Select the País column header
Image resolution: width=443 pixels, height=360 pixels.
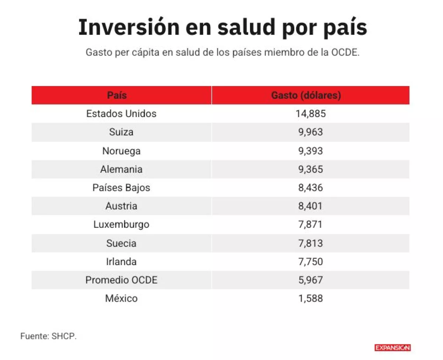(117, 95)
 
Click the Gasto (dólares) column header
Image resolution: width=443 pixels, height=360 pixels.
(306, 95)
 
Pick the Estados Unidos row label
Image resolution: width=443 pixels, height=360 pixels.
(121, 114)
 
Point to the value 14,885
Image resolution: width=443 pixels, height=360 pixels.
(310, 114)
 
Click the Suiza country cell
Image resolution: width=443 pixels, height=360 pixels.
(121, 132)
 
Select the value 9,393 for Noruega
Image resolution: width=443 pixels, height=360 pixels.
(310, 151)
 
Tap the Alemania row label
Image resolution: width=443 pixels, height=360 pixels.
(121, 169)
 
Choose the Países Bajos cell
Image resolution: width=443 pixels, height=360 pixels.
(121, 188)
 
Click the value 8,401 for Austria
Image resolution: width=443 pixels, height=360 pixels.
(310, 206)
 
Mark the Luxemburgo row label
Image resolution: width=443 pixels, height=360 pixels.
(121, 224)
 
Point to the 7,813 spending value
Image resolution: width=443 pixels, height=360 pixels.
(310, 243)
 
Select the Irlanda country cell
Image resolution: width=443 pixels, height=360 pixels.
(121, 262)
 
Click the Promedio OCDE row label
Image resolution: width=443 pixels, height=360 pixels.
(121, 280)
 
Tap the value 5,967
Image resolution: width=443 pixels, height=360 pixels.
(310, 280)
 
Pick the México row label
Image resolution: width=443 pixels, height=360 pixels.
(121, 298)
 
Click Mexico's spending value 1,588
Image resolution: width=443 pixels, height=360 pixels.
(310, 298)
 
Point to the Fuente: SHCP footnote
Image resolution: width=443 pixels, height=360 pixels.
(48, 336)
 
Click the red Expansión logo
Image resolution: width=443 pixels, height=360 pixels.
(392, 348)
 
